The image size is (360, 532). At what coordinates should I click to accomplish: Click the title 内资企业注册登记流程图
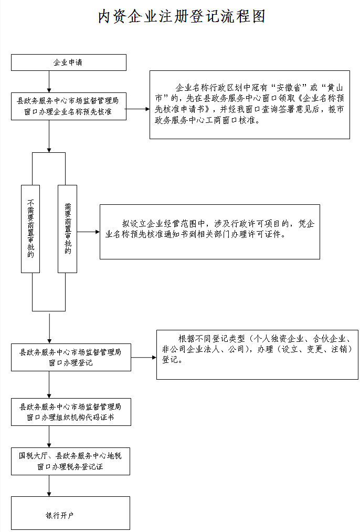click(182, 16)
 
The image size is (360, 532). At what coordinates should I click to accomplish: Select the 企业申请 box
click(69, 62)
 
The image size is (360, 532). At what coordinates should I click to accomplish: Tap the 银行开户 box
click(70, 513)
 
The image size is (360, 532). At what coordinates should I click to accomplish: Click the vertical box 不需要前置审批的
click(30, 228)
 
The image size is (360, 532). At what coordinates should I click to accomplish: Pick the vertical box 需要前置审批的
click(67, 228)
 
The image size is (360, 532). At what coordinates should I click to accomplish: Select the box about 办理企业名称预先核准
click(69, 106)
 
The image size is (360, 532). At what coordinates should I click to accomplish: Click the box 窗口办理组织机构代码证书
click(71, 412)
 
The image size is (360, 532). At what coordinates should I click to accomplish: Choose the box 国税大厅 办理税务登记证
click(70, 461)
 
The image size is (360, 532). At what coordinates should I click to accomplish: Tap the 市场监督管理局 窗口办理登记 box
click(71, 357)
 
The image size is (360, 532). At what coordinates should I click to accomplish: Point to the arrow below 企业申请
click(49, 81)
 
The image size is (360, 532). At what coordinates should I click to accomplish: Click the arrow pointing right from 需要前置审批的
click(88, 232)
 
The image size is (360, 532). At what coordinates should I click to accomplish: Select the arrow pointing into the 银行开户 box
click(49, 486)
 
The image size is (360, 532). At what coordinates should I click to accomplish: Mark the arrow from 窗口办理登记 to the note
click(143, 358)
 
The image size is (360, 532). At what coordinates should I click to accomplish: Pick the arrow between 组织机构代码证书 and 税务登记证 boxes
click(49, 436)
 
